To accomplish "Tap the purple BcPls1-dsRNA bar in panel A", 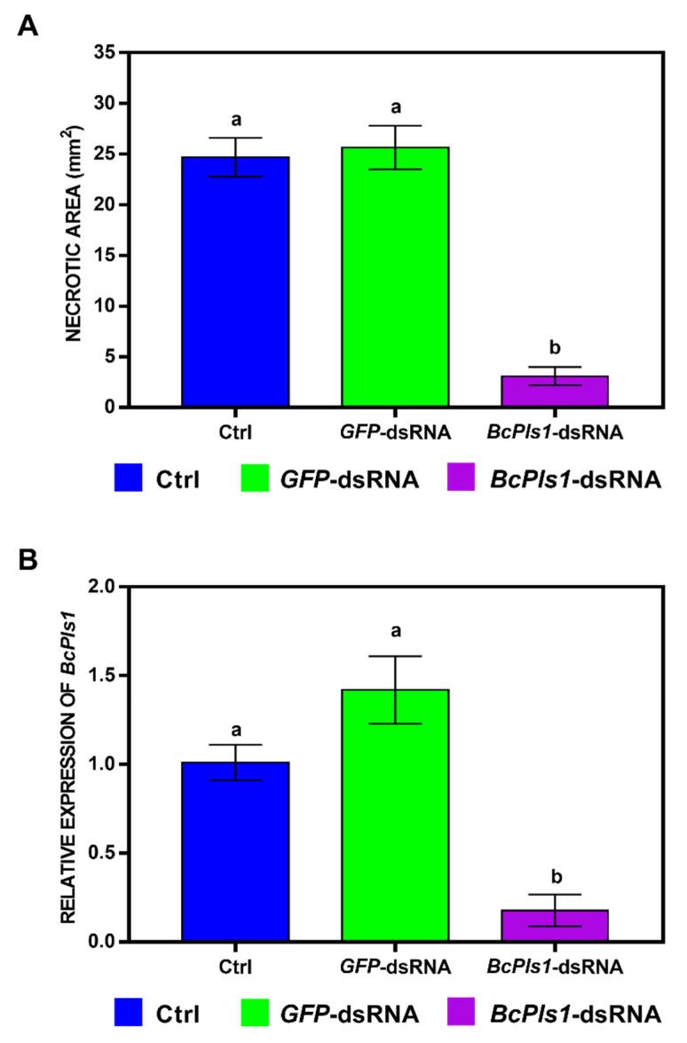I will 555,391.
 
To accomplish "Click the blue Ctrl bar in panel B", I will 235,851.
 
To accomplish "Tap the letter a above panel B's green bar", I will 395,632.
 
